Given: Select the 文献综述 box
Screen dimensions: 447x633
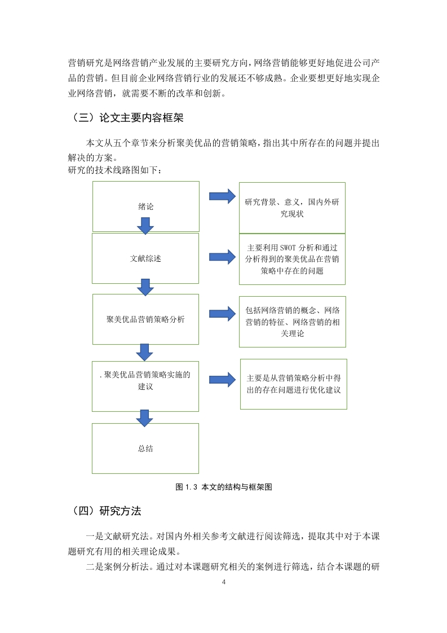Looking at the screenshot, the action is [145, 258].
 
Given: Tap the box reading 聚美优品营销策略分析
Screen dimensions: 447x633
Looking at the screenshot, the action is [145, 319].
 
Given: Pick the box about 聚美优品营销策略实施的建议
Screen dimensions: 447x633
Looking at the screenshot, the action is [145, 386].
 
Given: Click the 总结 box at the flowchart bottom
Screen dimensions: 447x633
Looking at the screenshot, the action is [145, 449].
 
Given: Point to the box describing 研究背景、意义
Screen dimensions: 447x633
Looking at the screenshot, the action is [292, 208].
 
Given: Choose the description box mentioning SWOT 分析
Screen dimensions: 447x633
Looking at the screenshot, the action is [292, 259].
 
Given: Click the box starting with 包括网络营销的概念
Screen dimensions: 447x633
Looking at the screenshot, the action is [293, 322].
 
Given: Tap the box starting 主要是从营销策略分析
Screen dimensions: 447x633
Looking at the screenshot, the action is [294, 384].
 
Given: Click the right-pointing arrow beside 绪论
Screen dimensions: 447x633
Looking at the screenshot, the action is [222, 196].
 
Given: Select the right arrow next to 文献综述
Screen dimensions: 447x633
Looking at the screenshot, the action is [222, 257].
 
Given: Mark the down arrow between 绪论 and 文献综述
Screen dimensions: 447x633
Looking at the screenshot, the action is [145, 226].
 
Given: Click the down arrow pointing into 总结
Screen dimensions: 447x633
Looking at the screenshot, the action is [144, 418].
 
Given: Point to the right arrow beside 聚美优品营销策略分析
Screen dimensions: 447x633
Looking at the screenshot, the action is [222, 314].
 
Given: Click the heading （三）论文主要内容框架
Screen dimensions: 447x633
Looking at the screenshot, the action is [127, 118].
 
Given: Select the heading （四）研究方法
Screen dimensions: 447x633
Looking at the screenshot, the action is [106, 511].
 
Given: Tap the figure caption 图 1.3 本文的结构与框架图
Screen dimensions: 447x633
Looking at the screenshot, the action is [224, 487].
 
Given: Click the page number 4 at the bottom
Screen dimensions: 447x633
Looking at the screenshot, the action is [224, 582].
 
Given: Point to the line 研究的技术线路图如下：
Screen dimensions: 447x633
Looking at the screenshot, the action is [115, 170].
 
